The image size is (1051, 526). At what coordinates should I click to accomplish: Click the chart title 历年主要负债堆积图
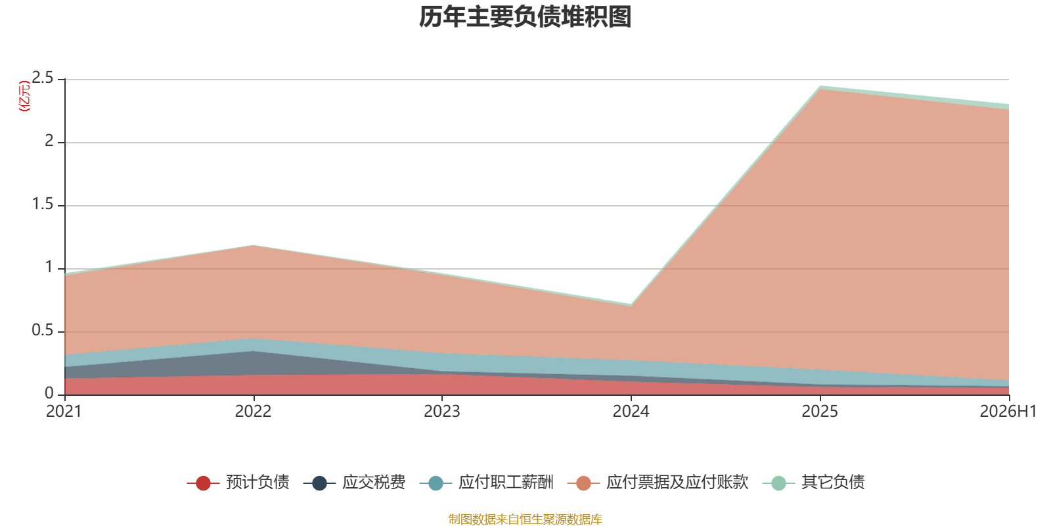[525, 17]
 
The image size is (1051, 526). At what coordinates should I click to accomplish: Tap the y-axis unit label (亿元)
[24, 96]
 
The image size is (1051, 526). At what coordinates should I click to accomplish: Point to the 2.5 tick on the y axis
[43, 78]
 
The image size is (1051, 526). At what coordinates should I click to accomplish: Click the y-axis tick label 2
[49, 141]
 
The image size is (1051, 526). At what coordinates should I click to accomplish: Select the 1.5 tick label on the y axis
[43, 204]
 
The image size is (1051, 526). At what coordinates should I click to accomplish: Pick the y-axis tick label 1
[49, 267]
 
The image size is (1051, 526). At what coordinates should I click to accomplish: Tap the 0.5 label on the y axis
[43, 331]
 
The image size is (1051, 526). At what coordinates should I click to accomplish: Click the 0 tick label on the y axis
[49, 394]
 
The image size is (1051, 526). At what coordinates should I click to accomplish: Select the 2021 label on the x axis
[64, 412]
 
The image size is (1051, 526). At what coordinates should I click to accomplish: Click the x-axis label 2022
[254, 412]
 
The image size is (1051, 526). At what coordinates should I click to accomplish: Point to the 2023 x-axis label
[442, 412]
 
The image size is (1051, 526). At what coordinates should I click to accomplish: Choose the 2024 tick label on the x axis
[631, 412]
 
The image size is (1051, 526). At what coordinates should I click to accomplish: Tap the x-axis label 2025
[820, 412]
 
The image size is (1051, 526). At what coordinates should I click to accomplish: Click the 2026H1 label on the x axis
[1008, 412]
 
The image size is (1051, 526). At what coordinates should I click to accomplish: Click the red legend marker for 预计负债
[203, 483]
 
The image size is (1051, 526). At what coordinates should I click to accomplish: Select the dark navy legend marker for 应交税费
[319, 483]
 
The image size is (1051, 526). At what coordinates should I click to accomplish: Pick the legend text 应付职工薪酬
[506, 483]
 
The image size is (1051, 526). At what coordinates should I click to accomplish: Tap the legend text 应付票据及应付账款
[677, 483]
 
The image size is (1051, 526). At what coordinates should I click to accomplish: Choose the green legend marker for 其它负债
[778, 483]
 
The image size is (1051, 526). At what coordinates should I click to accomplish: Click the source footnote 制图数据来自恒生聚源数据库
[525, 519]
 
